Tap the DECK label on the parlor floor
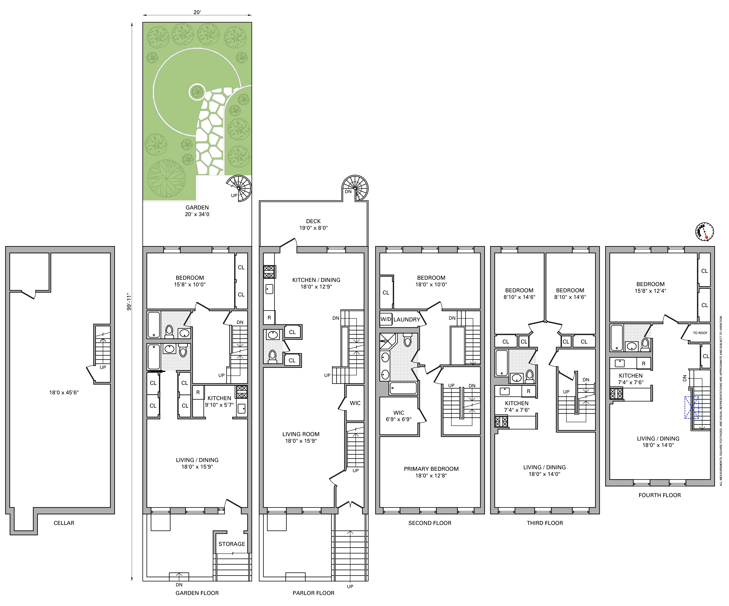click(313, 221)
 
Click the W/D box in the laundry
click(386, 319)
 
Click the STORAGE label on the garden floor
click(232, 544)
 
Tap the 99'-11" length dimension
click(129, 302)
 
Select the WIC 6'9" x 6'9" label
click(399, 416)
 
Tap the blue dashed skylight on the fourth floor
click(691, 407)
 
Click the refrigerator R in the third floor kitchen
click(528, 391)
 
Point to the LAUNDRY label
click(407, 319)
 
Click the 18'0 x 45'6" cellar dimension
click(64, 393)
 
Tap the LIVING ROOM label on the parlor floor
click(301, 434)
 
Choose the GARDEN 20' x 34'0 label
click(197, 211)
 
